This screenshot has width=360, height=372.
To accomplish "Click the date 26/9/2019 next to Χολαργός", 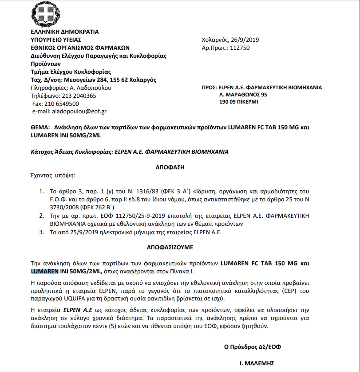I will (x=243, y=40).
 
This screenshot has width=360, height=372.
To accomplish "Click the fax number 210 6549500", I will (x=73, y=104).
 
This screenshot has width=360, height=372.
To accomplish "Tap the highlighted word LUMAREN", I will (x=44, y=271).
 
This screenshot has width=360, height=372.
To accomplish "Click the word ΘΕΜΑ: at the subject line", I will (x=40, y=127).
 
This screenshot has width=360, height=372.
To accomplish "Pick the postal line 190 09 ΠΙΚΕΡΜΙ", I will (x=238, y=102).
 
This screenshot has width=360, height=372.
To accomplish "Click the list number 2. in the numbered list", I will (x=41, y=215).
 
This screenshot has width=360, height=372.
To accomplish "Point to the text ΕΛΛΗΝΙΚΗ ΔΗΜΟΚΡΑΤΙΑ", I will (x=65, y=32).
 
